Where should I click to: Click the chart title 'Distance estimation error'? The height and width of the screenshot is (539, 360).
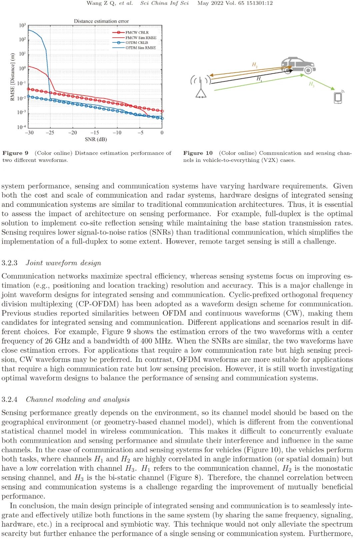[101, 21]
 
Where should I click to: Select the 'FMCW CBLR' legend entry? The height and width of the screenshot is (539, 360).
[137, 33]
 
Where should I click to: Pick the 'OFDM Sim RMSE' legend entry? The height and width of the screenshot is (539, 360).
[140, 48]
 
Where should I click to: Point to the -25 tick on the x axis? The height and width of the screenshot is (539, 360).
[50, 133]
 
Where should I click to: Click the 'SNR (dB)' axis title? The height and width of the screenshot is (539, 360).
[96, 139]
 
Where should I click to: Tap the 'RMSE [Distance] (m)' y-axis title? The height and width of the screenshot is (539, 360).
[12, 77]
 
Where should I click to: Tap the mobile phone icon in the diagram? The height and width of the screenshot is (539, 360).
[338, 97]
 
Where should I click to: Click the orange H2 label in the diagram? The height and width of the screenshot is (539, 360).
[255, 65]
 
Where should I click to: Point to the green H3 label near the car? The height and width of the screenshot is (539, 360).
[311, 84]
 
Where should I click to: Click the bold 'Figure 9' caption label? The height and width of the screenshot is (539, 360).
[15, 153]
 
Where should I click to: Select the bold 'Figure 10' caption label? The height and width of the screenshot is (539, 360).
[198, 153]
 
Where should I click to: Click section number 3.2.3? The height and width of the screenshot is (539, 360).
[9, 263]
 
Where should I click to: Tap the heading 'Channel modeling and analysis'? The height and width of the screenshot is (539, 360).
[78, 399]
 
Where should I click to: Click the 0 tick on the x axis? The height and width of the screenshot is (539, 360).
[162, 133]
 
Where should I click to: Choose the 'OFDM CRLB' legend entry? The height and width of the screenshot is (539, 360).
[136, 43]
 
